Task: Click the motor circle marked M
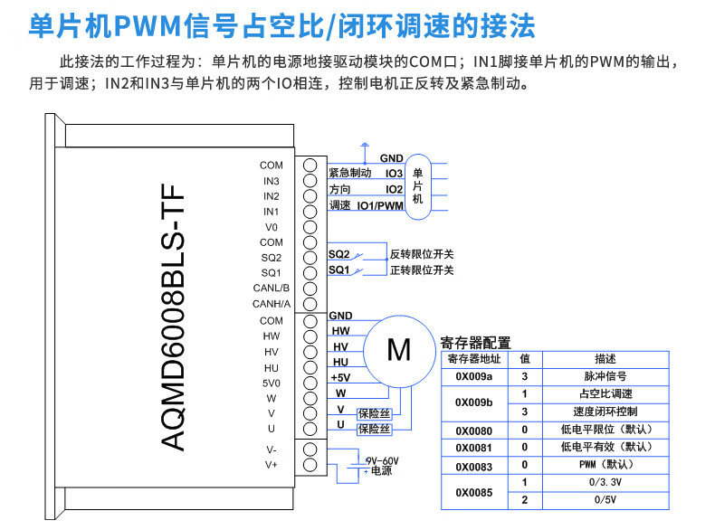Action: [x=398, y=348]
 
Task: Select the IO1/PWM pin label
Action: [x=380, y=206]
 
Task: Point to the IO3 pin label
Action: [x=394, y=173]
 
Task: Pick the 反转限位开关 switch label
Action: [x=422, y=252]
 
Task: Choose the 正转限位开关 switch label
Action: [x=422, y=270]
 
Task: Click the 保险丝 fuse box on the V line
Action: [x=374, y=413]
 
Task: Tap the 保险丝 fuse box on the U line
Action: [x=374, y=429]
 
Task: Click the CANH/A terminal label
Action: [x=272, y=304]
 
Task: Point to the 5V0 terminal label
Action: [x=272, y=383]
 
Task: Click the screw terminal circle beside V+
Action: [x=310, y=465]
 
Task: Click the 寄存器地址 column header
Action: [x=474, y=359]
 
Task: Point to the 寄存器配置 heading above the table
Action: [x=475, y=343]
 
